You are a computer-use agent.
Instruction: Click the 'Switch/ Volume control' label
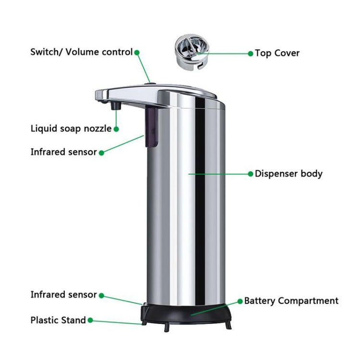[81, 52]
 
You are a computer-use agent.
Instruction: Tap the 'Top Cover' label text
[277, 53]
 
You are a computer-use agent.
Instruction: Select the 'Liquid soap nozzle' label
[71, 128]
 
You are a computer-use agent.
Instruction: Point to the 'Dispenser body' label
[288, 174]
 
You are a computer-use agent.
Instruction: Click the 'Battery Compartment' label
[291, 301]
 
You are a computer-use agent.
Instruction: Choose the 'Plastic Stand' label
[58, 320]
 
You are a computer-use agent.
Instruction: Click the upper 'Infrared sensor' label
[64, 152]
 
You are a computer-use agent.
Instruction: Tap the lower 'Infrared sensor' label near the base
[64, 294]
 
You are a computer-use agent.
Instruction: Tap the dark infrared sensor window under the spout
[152, 126]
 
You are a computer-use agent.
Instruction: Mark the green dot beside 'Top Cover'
[250, 54]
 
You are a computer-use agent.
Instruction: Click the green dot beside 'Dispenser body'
[250, 174]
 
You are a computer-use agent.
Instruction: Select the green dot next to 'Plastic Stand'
[90, 320]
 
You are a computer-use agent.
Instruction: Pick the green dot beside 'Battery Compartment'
[240, 301]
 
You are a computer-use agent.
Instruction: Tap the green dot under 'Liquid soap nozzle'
[116, 129]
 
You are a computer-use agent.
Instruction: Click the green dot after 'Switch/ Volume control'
[137, 52]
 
